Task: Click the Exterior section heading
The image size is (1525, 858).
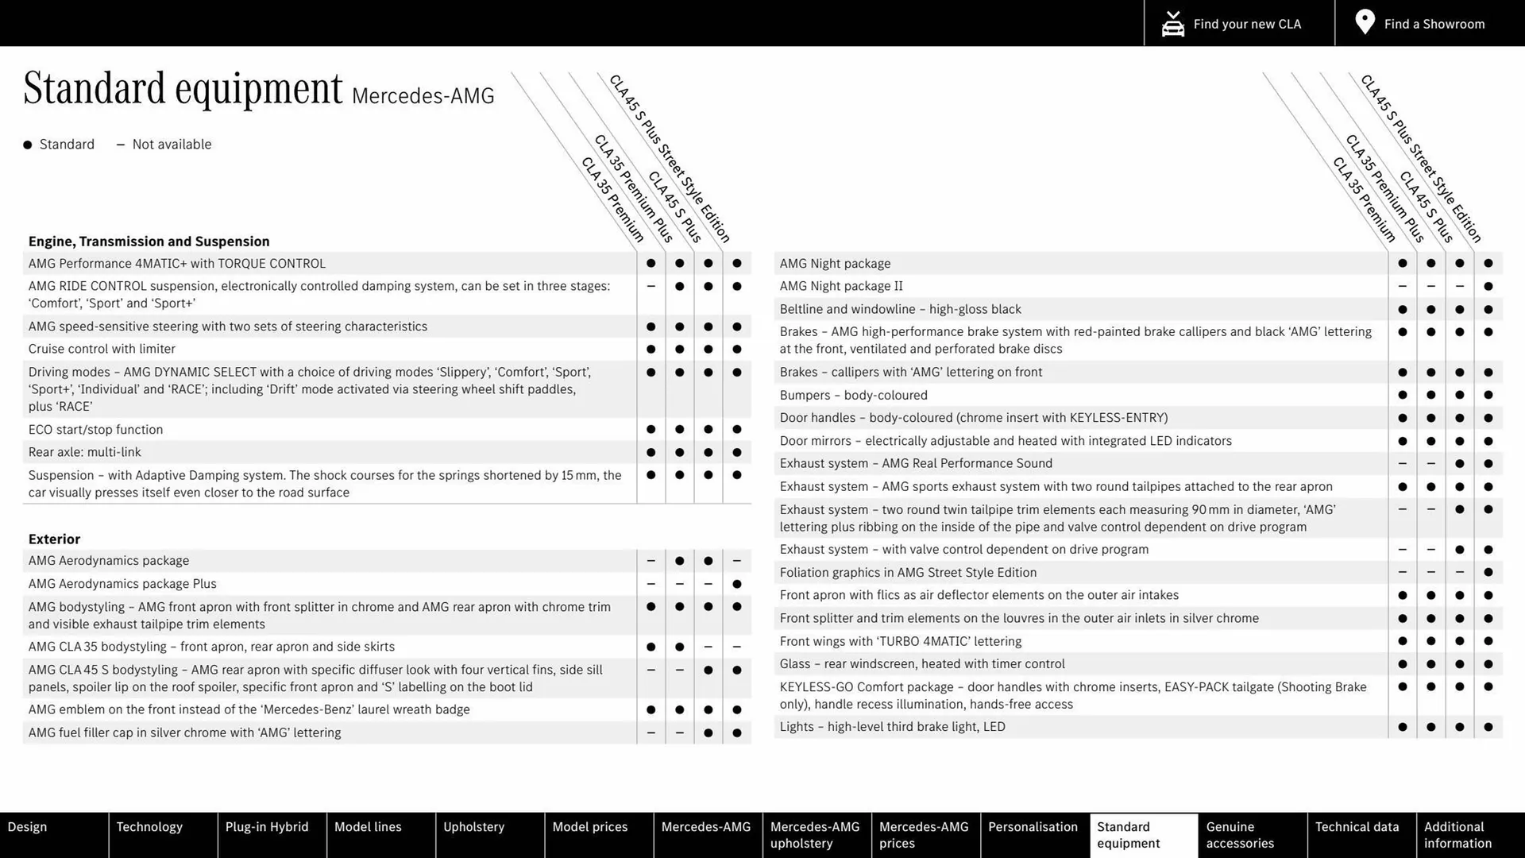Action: pyautogui.click(x=54, y=539)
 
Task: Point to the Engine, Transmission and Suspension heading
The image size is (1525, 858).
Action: pyautogui.click(x=149, y=242)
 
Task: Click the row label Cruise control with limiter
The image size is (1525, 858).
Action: pyautogui.click(x=102, y=349)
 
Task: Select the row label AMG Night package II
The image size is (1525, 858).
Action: pyautogui.click(x=841, y=286)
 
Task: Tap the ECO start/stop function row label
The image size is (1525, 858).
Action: pyautogui.click(x=95, y=430)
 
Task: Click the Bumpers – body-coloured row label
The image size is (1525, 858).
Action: pyautogui.click(x=853, y=395)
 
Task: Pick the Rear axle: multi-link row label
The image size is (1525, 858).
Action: pyautogui.click(x=84, y=452)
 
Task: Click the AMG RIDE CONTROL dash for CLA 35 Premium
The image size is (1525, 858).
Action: pyautogui.click(x=651, y=286)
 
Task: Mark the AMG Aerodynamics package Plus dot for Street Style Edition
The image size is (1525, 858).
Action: pyautogui.click(x=736, y=584)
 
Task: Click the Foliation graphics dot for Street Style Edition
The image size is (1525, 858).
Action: pyautogui.click(x=1488, y=572)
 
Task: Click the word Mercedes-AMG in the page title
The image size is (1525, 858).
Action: pyautogui.click(x=423, y=96)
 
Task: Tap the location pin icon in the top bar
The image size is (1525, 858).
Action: pyautogui.click(x=1365, y=22)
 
